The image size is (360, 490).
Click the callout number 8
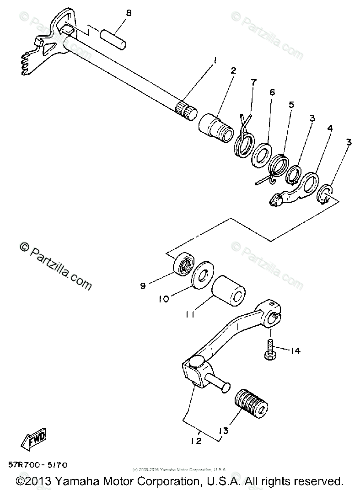click(x=129, y=13)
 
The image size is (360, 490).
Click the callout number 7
click(x=253, y=82)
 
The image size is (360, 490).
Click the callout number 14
click(x=295, y=351)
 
